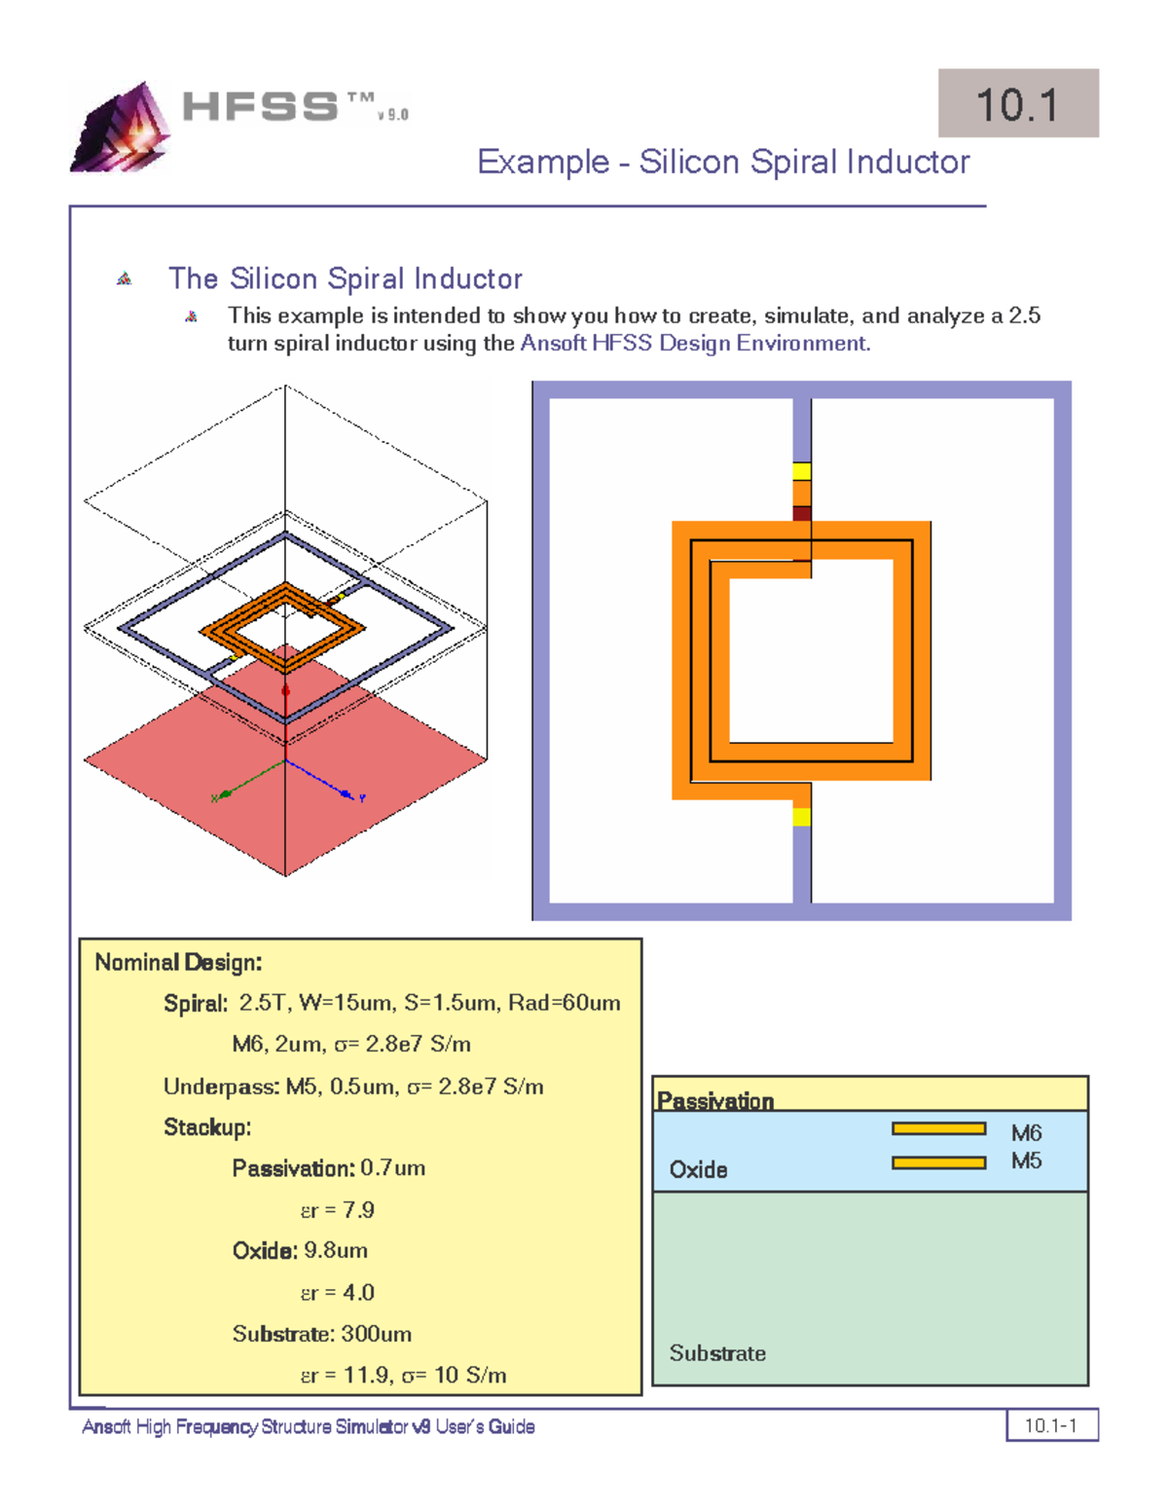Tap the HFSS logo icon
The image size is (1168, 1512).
[121, 127]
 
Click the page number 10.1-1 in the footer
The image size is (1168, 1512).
[1050, 1425]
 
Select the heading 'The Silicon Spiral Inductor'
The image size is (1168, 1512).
[345, 278]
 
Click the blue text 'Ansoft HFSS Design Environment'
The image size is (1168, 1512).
[693, 343]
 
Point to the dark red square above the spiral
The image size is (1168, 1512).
[801, 513]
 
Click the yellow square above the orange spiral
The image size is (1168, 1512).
[801, 471]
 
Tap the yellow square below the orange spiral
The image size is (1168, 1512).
[801, 817]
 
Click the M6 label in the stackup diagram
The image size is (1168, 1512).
[1026, 1133]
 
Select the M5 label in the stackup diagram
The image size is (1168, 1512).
[1026, 1161]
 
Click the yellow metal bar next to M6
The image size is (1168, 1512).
[938, 1128]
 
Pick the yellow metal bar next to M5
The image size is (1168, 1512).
[938, 1162]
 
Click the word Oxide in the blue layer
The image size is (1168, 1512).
[698, 1169]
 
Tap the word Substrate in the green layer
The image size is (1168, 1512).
[717, 1353]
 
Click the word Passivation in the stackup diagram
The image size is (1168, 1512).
[715, 1101]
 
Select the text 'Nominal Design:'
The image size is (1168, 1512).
[178, 962]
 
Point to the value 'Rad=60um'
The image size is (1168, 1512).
[565, 1003]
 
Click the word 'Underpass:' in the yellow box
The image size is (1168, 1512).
[221, 1087]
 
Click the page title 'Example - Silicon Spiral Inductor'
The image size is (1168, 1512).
[723, 163]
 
